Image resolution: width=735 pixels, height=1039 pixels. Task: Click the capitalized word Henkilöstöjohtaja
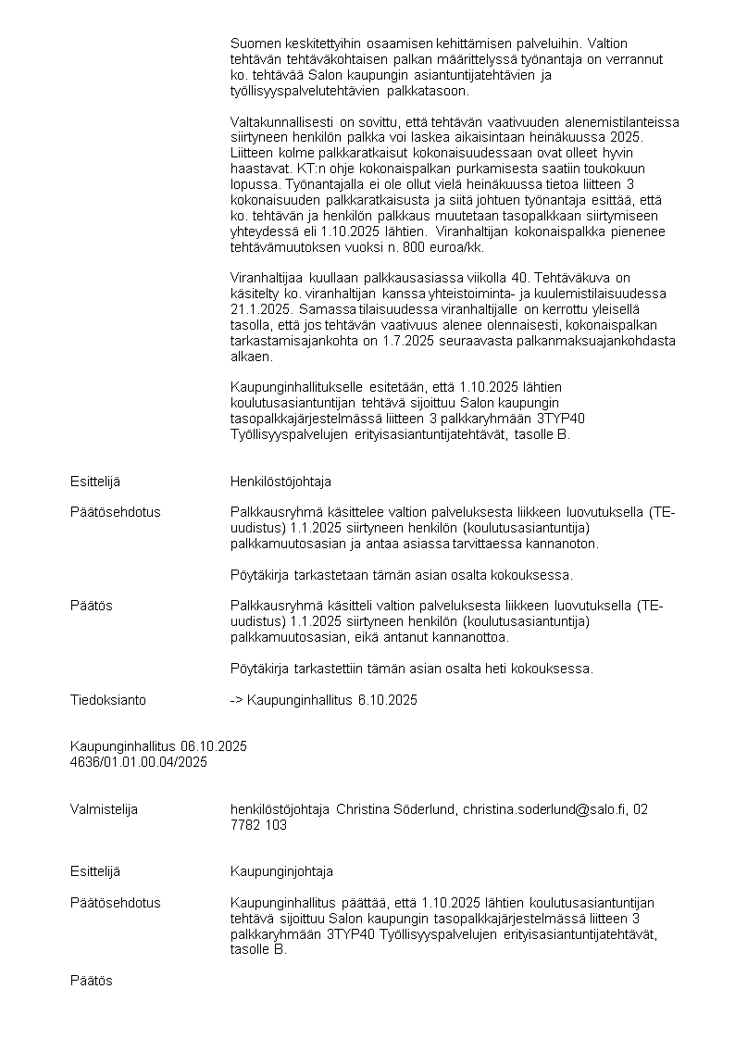click(280, 482)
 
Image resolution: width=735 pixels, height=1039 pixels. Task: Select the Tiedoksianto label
click(108, 700)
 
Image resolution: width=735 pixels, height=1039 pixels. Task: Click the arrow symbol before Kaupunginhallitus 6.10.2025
click(236, 700)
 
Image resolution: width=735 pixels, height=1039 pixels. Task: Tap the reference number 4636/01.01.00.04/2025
click(139, 761)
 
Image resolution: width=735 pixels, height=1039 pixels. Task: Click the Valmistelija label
click(104, 809)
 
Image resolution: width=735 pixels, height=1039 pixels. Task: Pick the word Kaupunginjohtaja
click(281, 871)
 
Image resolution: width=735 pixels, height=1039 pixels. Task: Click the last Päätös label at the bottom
click(92, 981)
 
